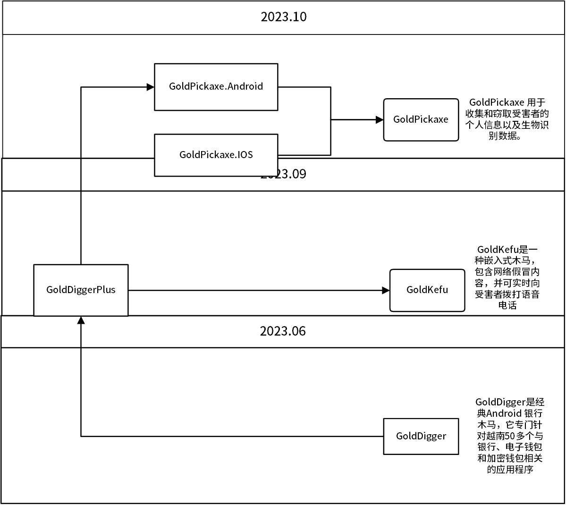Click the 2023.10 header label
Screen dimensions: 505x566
pos(283,17)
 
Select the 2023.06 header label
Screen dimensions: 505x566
pos(283,331)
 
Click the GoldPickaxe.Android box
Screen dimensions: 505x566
pos(216,87)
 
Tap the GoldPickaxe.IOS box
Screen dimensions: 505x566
pos(216,155)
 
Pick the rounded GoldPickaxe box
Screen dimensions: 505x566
pos(421,119)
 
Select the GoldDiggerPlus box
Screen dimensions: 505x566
pos(81,290)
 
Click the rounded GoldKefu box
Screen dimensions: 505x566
pos(427,290)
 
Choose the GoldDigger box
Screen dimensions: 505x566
pos(421,436)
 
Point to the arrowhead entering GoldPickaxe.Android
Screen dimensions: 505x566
pos(151,87)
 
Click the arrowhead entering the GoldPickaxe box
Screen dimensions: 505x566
pos(380,120)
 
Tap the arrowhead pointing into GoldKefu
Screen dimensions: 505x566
pos(386,290)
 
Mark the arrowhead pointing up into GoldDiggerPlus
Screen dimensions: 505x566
pos(81,320)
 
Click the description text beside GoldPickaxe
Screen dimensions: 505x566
pos(507,119)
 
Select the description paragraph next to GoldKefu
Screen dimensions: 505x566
pos(507,277)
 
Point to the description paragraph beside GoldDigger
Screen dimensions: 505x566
pos(510,436)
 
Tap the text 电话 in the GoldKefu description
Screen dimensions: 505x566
pos(507,305)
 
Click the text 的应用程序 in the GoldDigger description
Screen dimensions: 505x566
pos(510,470)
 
